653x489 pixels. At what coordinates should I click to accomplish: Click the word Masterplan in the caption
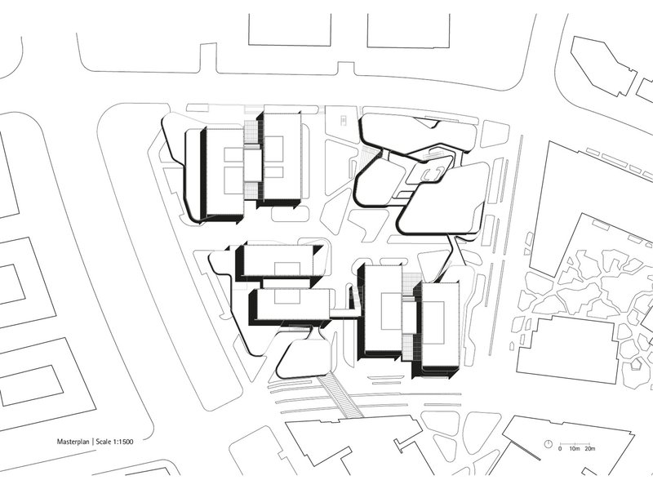[73, 442]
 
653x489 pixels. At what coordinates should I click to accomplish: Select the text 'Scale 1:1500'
[114, 442]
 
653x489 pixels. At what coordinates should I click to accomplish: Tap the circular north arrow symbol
[549, 444]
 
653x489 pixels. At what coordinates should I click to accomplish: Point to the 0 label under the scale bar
[560, 449]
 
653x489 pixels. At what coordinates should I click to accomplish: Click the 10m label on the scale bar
[575, 449]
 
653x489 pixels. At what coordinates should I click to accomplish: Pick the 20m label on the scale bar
[589, 449]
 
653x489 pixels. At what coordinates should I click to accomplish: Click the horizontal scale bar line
[575, 443]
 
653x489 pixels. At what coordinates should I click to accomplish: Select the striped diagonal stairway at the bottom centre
[340, 396]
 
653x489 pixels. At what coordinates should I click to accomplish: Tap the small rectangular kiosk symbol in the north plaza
[344, 121]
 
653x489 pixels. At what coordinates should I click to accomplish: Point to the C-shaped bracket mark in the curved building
[433, 175]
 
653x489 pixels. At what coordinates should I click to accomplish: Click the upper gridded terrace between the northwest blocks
[251, 131]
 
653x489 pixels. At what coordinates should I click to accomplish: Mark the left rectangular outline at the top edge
[290, 29]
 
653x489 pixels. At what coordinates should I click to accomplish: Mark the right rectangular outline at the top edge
[409, 31]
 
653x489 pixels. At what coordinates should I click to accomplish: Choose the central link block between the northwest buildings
[253, 166]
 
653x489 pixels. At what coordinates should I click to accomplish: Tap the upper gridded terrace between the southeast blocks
[411, 285]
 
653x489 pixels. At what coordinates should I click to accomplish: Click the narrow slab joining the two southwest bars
[287, 283]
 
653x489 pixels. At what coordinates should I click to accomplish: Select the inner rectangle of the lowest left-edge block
[32, 385]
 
